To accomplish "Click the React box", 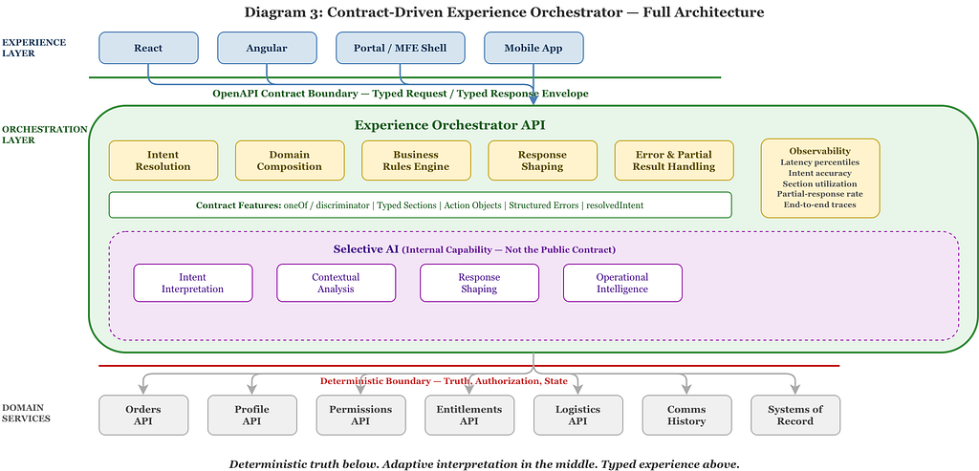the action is (148, 48).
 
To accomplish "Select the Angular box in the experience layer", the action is (267, 48).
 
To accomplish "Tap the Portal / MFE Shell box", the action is (401, 48).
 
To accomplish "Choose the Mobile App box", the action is (533, 48).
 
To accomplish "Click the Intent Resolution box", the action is (163, 161).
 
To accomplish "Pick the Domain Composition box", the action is (290, 161).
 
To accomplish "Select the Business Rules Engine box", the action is (417, 161).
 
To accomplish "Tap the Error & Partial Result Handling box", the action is (674, 161).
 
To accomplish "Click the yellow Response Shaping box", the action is (543, 161).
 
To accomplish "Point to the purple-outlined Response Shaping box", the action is (479, 283).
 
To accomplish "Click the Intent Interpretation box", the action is (193, 283).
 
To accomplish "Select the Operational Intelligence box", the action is (622, 283).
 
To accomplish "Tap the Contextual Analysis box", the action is (336, 283).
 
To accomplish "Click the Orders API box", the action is (143, 415).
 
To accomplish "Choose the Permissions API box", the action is (360, 415).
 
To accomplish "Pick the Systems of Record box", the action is (795, 415).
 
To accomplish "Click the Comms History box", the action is (686, 415).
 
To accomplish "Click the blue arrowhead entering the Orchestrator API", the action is (533, 99).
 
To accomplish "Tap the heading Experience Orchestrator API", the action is (449, 125).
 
